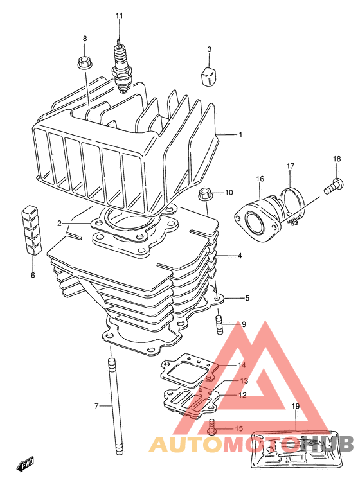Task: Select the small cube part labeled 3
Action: pos(209,75)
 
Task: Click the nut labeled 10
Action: pos(204,193)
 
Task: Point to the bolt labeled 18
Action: pos(334,185)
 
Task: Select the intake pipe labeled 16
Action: pos(258,219)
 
